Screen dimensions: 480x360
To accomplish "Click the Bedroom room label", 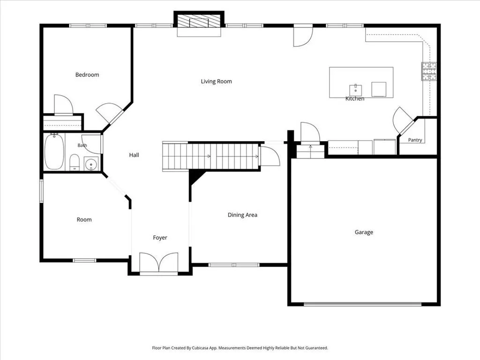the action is click(x=87, y=75).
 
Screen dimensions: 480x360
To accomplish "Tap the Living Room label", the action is click(x=217, y=82).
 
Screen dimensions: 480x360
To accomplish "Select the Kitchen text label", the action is click(x=355, y=98).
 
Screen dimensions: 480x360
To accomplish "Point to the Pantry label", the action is click(x=415, y=140).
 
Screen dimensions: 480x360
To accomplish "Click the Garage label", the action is click(x=364, y=232).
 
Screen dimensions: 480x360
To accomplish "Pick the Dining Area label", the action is click(x=242, y=215).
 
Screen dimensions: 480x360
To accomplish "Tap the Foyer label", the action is click(x=160, y=238).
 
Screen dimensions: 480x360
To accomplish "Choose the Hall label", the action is click(x=134, y=155).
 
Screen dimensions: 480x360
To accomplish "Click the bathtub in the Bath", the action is click(x=54, y=151).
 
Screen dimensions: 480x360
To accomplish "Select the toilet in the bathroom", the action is click(x=75, y=162).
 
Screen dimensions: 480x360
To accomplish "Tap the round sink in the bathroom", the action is click(x=91, y=165).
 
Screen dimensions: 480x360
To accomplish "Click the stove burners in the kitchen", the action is click(x=429, y=71).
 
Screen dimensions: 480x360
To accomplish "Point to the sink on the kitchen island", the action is click(x=356, y=90).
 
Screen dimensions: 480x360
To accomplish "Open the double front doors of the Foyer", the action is click(x=159, y=262).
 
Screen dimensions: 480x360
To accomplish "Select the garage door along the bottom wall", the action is click(x=363, y=304).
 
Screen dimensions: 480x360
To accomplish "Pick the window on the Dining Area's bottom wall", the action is click(x=234, y=265).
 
